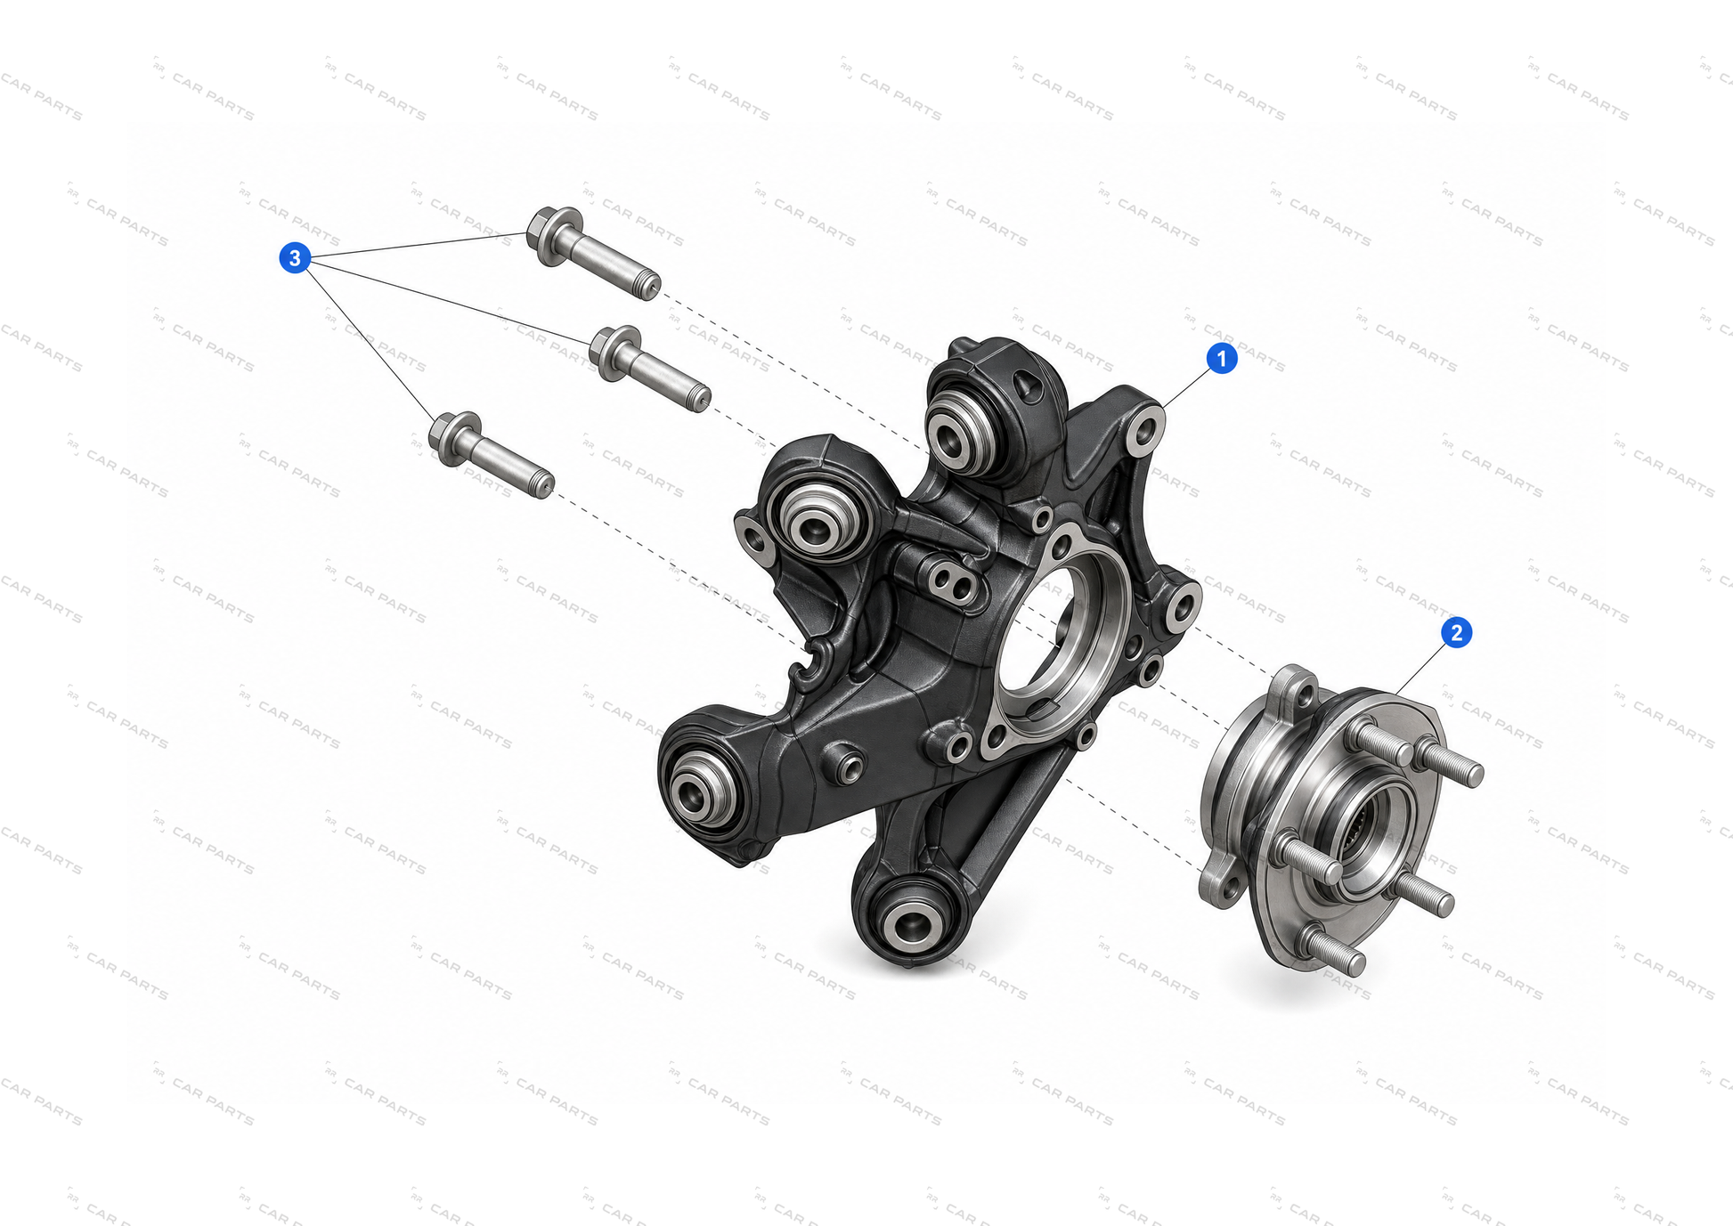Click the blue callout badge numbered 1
tap(1222, 358)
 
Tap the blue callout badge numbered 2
tap(1456, 632)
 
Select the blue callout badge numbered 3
tap(295, 258)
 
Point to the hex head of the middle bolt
tap(614, 353)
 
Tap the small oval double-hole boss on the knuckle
tap(951, 579)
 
